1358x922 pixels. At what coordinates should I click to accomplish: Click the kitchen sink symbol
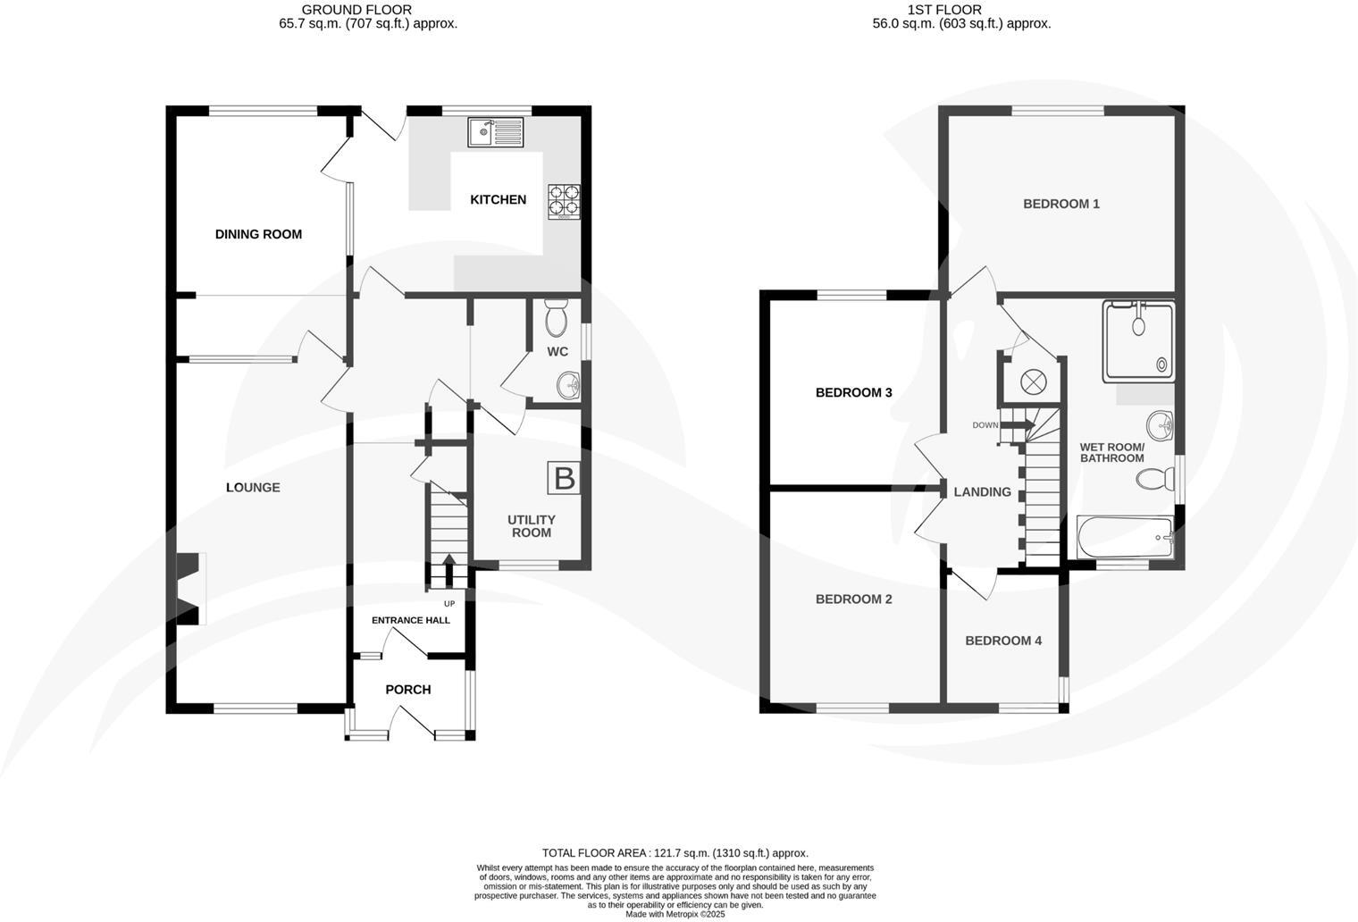pyautogui.click(x=496, y=132)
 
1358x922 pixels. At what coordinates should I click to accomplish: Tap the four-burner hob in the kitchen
pyautogui.click(x=563, y=201)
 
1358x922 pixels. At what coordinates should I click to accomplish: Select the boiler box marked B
pyautogui.click(x=564, y=478)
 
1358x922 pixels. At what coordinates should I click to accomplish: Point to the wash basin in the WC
pyautogui.click(x=567, y=386)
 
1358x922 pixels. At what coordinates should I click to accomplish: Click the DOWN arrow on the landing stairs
pyautogui.click(x=1017, y=425)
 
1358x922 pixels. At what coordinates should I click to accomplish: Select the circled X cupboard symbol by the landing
pyautogui.click(x=1032, y=381)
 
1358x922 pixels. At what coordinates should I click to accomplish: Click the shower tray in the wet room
pyautogui.click(x=1138, y=340)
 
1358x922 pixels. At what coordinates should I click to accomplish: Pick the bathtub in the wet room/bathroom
pyautogui.click(x=1126, y=538)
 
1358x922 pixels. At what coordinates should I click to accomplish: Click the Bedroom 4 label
pyautogui.click(x=1003, y=641)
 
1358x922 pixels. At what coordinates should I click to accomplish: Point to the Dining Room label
pyautogui.click(x=258, y=234)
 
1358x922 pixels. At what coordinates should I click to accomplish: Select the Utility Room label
pyautogui.click(x=532, y=526)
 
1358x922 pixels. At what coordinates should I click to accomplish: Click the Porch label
pyautogui.click(x=407, y=690)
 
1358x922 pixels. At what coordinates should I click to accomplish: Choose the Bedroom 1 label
pyautogui.click(x=1060, y=204)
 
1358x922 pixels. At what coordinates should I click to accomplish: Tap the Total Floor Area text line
pyautogui.click(x=675, y=853)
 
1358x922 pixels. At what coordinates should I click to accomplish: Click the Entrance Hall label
pyautogui.click(x=411, y=620)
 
